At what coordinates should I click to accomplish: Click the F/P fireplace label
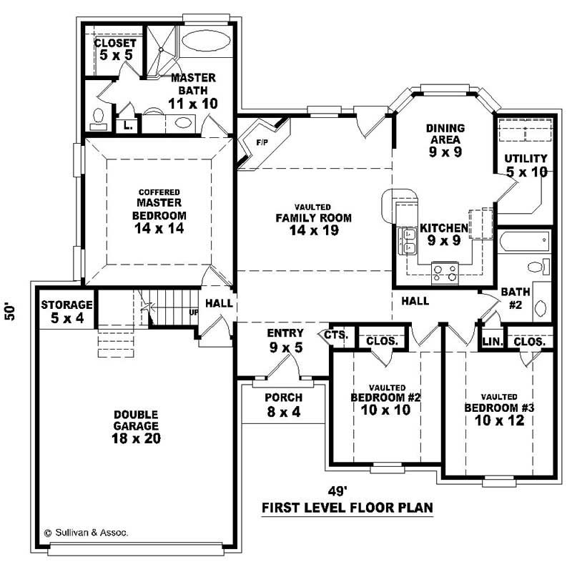261,143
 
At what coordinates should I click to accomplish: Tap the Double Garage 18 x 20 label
135,427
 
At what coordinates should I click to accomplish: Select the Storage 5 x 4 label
66,311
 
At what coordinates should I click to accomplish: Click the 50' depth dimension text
11,312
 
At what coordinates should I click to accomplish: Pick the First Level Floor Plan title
347,508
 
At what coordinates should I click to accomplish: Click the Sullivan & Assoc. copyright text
87,533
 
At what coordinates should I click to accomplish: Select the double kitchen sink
410,241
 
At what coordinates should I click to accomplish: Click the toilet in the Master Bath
99,118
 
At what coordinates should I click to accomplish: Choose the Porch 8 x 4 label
284,404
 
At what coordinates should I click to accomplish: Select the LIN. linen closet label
492,342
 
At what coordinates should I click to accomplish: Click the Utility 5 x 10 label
526,165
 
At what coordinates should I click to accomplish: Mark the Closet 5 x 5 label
115,49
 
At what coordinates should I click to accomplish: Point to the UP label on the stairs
194,312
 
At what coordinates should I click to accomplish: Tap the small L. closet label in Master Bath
127,125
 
